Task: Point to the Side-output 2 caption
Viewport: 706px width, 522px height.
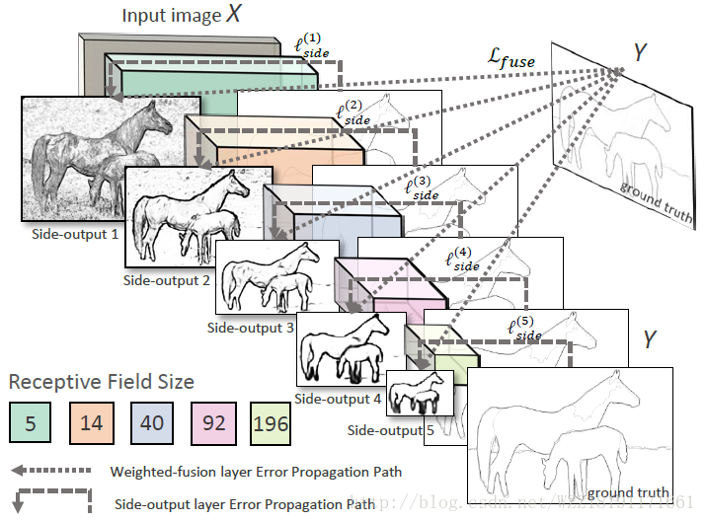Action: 167,279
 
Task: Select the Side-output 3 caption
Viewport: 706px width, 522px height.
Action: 251,327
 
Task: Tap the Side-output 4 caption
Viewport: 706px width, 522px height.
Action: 337,399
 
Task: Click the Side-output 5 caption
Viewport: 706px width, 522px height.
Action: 390,430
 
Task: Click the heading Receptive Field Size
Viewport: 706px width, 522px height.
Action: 102,381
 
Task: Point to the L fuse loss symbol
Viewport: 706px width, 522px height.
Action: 510,60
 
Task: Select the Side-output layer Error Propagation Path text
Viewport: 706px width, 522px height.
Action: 244,503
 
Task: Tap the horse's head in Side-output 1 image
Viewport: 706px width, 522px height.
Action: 160,122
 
